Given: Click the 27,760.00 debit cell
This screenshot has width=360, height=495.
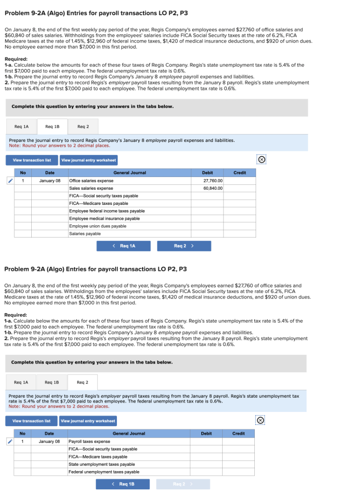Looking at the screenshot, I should click(x=213, y=181).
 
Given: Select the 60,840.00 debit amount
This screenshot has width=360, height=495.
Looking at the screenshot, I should click(x=213, y=188).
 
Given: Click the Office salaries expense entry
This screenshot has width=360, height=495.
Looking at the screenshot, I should click(x=91, y=181).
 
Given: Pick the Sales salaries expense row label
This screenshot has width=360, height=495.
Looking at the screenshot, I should click(x=91, y=188).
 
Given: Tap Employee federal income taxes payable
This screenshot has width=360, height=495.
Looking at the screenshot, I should click(x=107, y=211).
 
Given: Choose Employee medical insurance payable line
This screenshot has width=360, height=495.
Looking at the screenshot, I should click(x=104, y=218).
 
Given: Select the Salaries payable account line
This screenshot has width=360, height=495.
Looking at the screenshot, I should click(x=85, y=234).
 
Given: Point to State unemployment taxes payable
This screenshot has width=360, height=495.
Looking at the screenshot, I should click(x=102, y=464).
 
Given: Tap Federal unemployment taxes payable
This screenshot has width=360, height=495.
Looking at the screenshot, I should click(x=104, y=472).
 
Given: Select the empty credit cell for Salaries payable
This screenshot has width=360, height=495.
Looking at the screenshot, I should click(x=240, y=234).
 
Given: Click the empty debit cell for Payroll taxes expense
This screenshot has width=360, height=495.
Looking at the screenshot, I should click(x=206, y=441).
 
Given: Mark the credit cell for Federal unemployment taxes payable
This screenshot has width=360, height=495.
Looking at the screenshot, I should click(x=238, y=472).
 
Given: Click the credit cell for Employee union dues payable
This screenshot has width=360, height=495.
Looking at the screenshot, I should click(x=240, y=226).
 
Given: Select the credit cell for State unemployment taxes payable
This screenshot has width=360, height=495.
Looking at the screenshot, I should click(x=238, y=464).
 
